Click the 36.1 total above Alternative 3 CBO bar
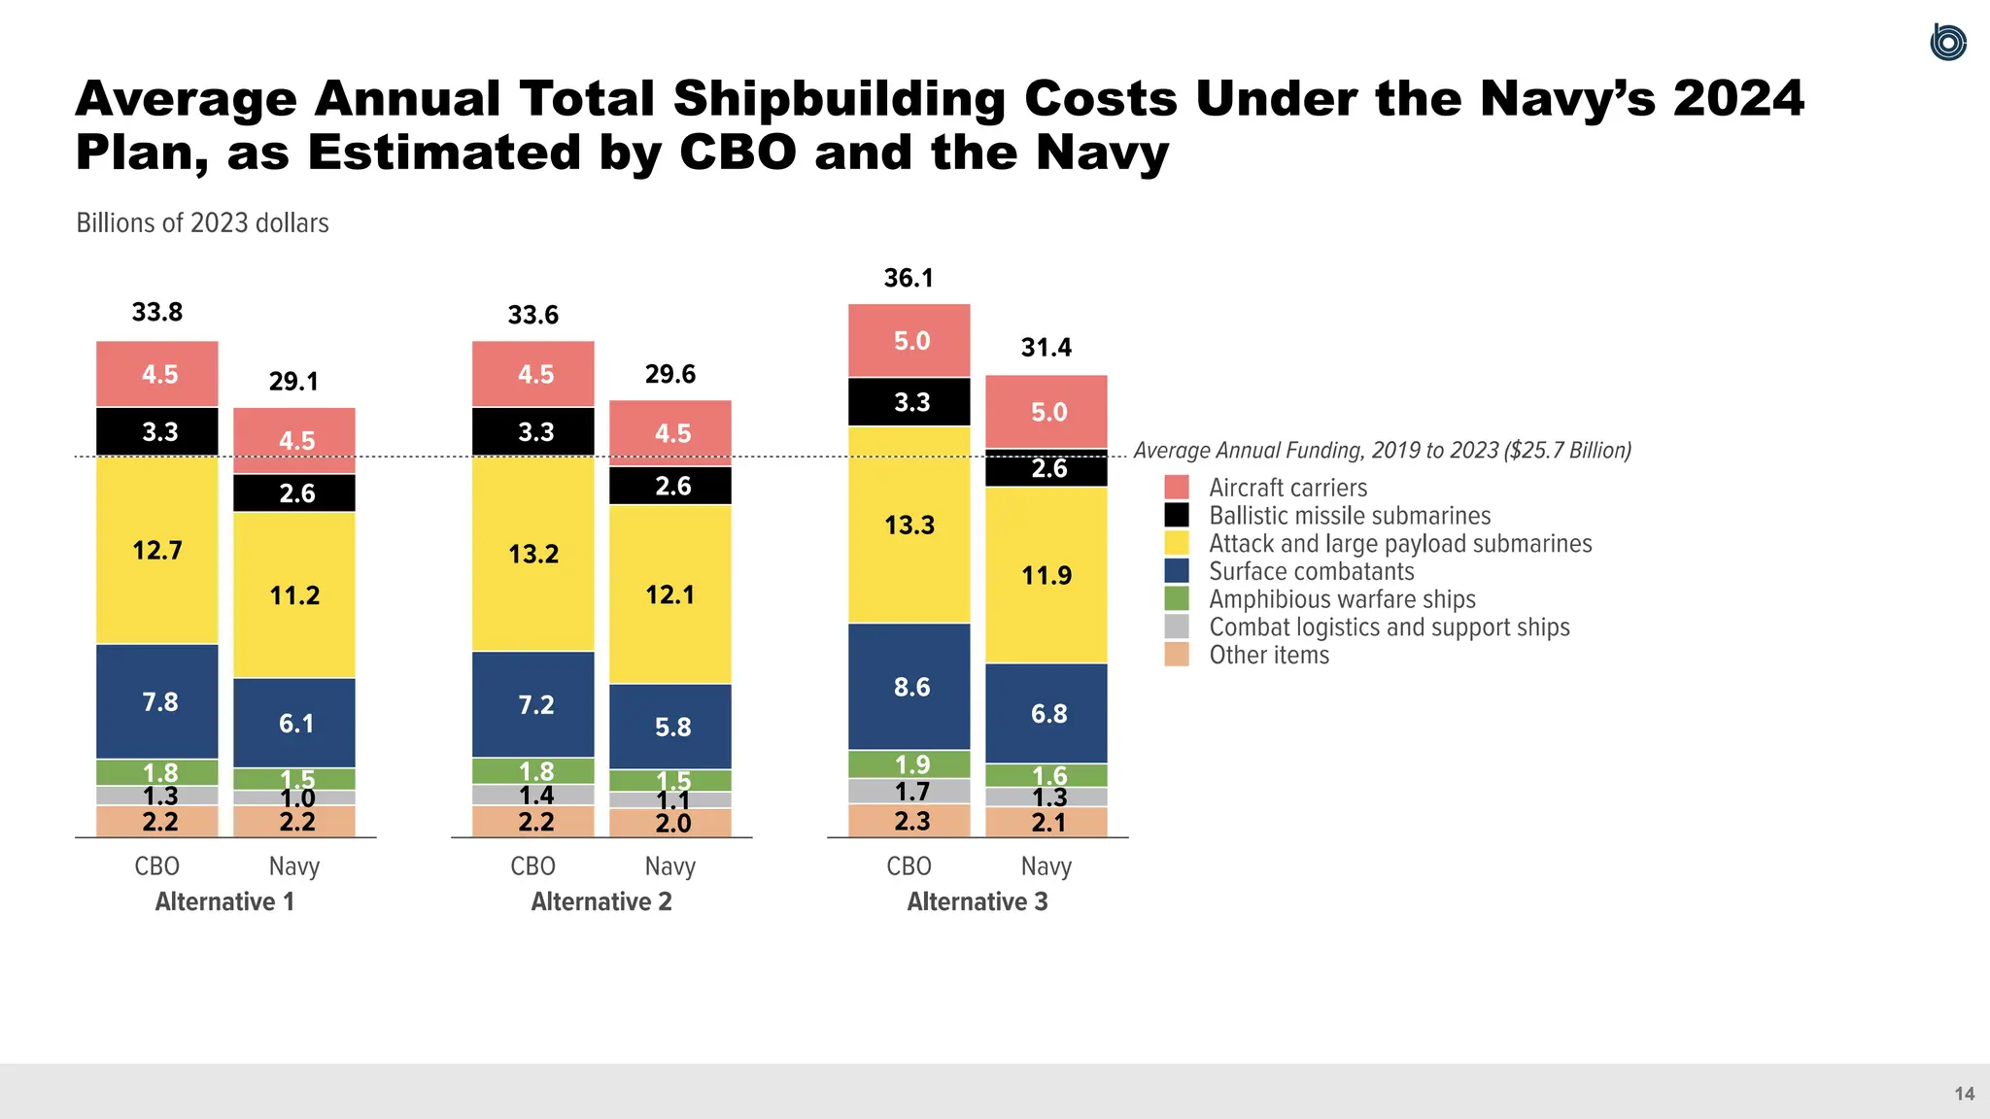[x=909, y=278]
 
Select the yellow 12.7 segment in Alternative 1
[x=157, y=551]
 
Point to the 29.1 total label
[x=293, y=381]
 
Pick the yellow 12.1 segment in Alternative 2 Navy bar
[x=670, y=594]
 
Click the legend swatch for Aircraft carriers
[x=1176, y=488]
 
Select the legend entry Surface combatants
[x=1311, y=571]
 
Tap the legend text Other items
[x=1268, y=655]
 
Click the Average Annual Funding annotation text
[x=1382, y=451]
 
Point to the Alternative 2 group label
[x=601, y=901]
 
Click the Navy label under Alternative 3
[x=1046, y=866]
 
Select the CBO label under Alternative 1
[x=157, y=866]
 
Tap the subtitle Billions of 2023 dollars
[x=202, y=223]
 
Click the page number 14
[x=1964, y=1094]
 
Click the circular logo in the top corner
[x=1947, y=43]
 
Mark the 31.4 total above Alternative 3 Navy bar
[x=1046, y=348]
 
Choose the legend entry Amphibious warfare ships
[x=1341, y=599]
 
